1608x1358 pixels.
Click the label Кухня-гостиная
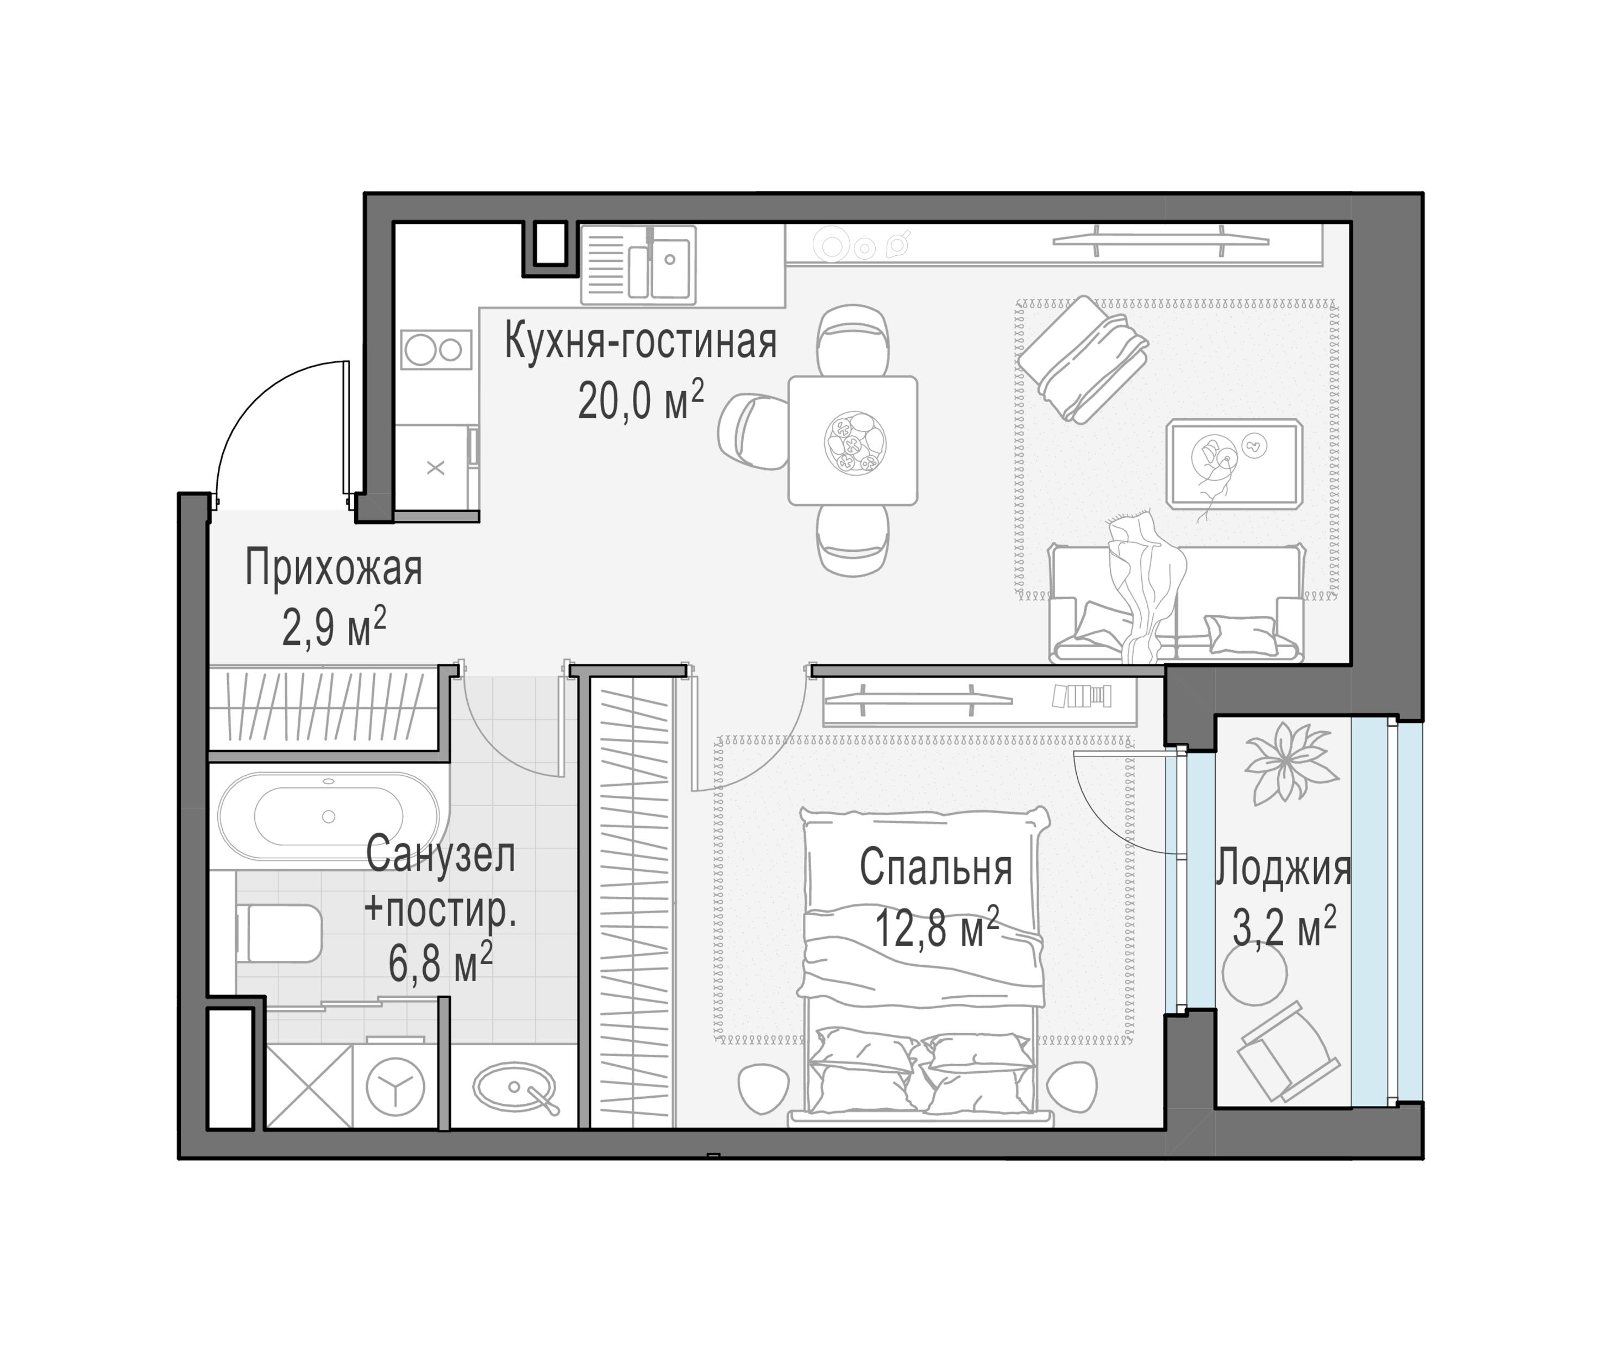(x=640, y=343)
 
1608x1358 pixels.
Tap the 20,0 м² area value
(x=640, y=400)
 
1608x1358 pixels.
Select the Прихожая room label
(x=334, y=569)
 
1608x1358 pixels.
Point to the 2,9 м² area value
(x=334, y=627)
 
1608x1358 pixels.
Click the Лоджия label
(x=1283, y=869)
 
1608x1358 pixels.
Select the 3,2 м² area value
(x=1283, y=926)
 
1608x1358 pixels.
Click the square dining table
(x=853, y=441)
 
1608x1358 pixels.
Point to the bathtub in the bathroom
(x=329, y=816)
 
